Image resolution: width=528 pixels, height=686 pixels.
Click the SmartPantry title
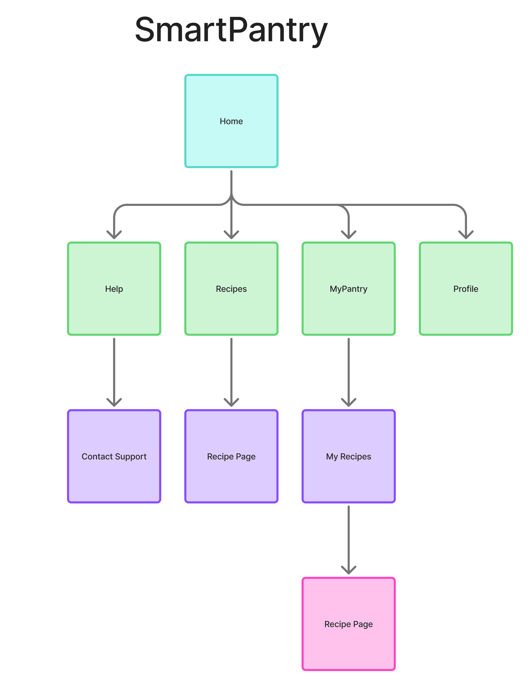231,30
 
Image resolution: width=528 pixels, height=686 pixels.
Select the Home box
231,121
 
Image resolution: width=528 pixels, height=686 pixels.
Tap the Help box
114,288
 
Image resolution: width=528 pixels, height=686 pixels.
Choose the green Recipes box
231,288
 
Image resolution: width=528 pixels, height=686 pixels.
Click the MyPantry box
348,288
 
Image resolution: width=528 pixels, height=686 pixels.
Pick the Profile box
465,288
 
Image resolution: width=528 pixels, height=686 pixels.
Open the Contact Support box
114,456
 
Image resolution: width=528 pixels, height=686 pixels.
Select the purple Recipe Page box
231,456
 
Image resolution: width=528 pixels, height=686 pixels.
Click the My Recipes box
348,456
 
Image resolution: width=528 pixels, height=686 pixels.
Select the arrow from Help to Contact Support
114,371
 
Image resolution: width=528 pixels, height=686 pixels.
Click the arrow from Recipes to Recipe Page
231,371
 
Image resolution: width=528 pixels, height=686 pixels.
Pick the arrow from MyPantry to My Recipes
348,371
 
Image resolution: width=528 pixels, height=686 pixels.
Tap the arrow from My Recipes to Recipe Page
348,538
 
